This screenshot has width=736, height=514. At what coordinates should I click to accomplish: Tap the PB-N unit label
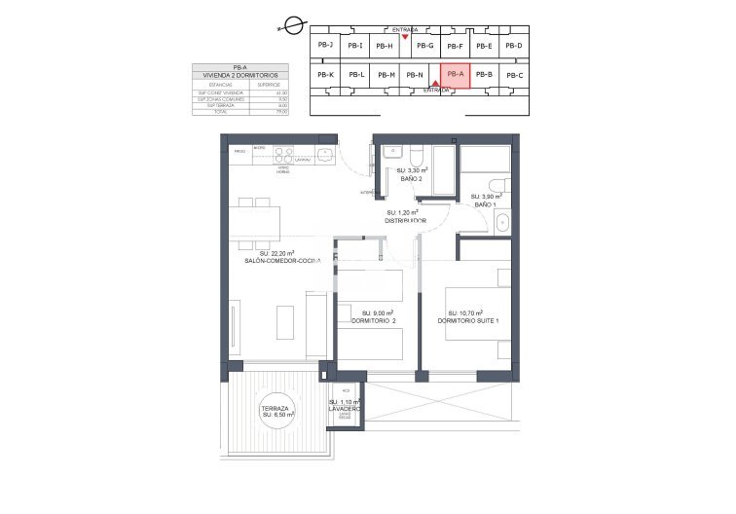pos(415,75)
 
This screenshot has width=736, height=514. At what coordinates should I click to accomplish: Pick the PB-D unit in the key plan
pos(513,46)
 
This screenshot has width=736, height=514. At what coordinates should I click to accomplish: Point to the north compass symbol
pos(285,31)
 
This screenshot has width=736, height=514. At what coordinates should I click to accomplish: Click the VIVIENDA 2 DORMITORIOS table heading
pos(233,75)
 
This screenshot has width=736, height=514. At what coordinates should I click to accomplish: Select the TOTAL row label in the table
pos(207,112)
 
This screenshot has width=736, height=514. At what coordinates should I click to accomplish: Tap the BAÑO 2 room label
pos(410,178)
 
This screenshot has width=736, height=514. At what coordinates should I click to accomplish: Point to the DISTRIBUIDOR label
pos(406,220)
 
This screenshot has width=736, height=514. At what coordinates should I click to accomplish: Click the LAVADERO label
pos(345,408)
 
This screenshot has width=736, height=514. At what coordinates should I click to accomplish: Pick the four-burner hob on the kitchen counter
pos(284,152)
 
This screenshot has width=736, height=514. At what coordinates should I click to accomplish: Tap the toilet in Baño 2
pos(415,156)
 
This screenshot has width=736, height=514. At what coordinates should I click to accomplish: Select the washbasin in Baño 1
pos(501,224)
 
